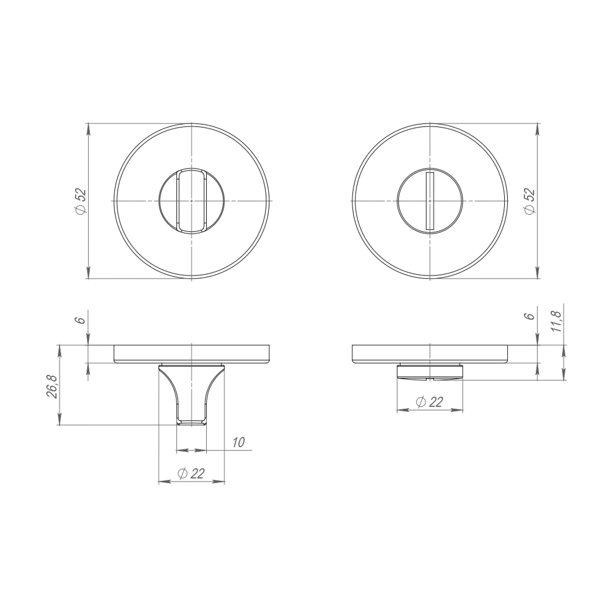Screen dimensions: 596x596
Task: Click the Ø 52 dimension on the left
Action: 80,201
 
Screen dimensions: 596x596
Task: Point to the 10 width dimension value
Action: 238,442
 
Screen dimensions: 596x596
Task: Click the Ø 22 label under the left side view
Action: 191,473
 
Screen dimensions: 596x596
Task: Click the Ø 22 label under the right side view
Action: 429,402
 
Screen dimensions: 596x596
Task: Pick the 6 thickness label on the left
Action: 80,319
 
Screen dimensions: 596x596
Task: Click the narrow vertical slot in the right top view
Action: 429,201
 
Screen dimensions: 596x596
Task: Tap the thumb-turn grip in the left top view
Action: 191,201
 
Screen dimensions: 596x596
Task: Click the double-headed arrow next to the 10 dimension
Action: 191,450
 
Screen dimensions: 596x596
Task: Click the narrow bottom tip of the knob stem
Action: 191,422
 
